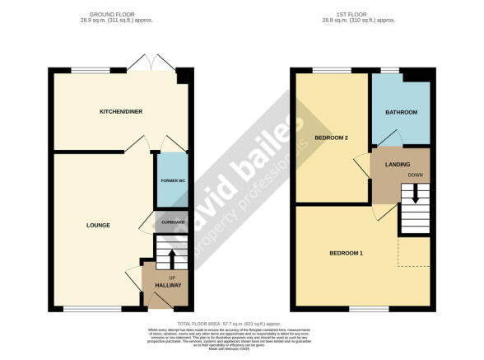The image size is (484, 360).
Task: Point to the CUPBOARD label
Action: [170, 222]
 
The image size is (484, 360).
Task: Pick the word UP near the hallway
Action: [171, 277]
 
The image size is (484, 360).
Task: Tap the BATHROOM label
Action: [401, 112]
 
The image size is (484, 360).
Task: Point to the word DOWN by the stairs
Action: [416, 175]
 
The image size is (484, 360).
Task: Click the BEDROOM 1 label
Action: [347, 253]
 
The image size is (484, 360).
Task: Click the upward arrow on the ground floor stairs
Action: [171, 259]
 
